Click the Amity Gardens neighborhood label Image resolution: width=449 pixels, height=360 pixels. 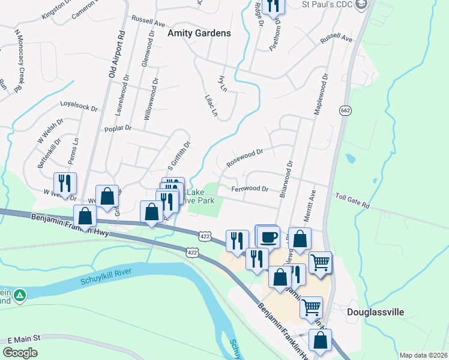tap(199, 33)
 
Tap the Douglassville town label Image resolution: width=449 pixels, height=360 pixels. tap(376, 312)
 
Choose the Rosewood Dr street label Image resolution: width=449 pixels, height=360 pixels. tap(245, 158)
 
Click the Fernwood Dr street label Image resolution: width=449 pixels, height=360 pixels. tap(250, 188)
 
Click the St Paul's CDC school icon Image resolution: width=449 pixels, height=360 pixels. tap(361, 5)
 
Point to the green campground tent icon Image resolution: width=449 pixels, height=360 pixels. tap(20, 295)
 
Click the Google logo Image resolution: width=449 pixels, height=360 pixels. tap(20, 353)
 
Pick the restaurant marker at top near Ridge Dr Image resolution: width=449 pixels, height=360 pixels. tap(273, 6)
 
